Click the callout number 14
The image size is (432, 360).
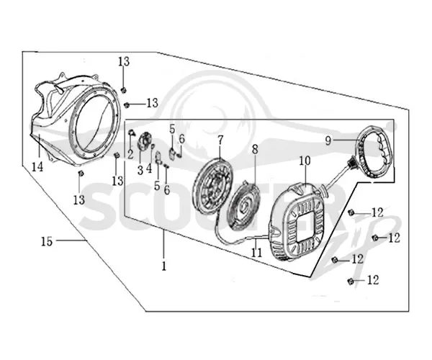(37, 166)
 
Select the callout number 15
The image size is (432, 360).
(47, 241)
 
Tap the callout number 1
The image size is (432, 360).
(164, 266)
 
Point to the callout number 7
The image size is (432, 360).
(220, 140)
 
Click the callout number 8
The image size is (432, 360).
(255, 150)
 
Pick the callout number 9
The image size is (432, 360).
(328, 141)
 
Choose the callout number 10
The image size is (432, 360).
(305, 161)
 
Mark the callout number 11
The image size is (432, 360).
(256, 253)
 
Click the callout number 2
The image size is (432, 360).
(130, 154)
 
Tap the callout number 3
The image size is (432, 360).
(140, 171)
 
